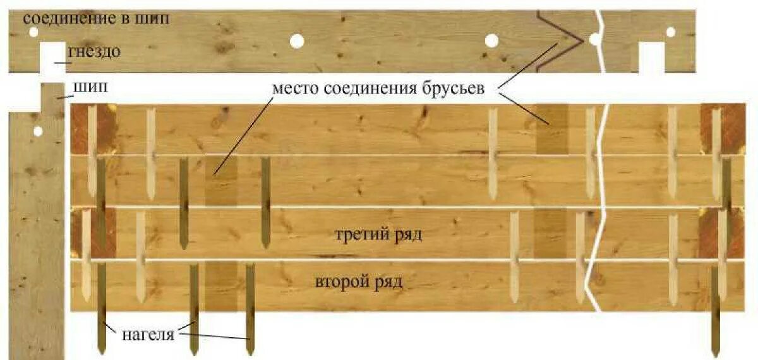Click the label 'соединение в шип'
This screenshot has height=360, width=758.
point(96,18)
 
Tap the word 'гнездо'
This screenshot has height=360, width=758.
point(94,51)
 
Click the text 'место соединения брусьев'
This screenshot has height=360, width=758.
point(378,88)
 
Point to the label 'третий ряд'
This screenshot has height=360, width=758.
point(378,235)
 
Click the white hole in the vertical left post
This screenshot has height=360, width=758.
point(38,131)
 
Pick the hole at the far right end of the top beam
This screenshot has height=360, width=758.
point(671,32)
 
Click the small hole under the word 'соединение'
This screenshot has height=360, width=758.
point(33,32)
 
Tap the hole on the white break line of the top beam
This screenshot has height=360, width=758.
point(594,40)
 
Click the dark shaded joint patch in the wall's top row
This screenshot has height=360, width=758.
point(551,129)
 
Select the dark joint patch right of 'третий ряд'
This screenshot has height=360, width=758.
point(550,234)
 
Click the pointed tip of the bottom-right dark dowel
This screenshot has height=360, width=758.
point(716,353)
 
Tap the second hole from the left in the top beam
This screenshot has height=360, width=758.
point(297,41)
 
